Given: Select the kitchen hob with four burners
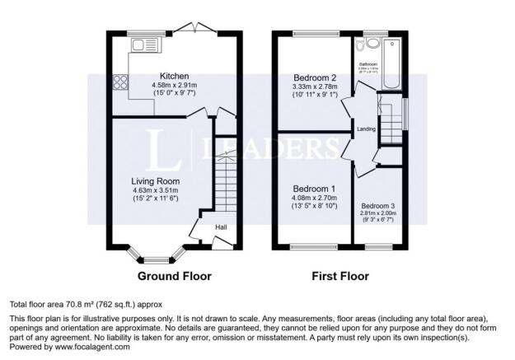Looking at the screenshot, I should pyautogui.click(x=119, y=82).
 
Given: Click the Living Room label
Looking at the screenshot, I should pyautogui.click(x=156, y=180).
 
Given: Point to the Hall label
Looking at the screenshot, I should pyautogui.click(x=222, y=227).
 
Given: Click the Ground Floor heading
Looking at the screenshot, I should pyautogui.click(x=174, y=276).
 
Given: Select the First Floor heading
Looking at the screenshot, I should pyautogui.click(x=339, y=276).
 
